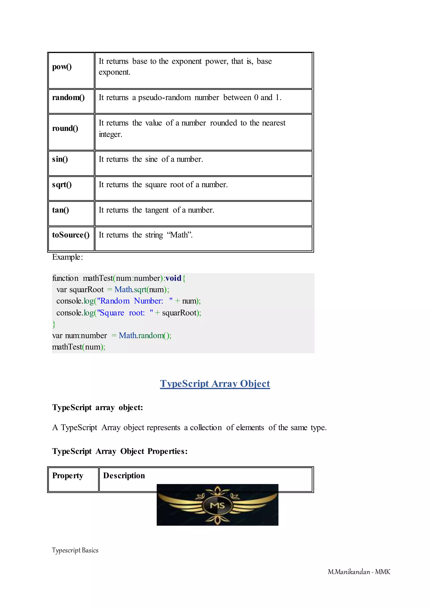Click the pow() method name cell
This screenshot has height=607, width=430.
tap(62, 67)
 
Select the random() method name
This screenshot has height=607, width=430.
tap(68, 97)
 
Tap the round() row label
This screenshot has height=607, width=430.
tap(65, 128)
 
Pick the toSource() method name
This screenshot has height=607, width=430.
tap(71, 235)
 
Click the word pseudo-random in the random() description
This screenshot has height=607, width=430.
tap(164, 97)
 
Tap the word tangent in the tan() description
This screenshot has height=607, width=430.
tap(157, 210)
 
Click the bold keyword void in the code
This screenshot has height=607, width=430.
tap(173, 278)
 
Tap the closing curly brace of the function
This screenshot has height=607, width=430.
tap(54, 324)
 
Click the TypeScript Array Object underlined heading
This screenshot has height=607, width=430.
tap(215, 384)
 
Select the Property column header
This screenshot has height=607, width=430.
tap(68, 476)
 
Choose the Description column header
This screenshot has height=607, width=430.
tap(124, 476)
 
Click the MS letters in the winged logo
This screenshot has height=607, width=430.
tap(217, 506)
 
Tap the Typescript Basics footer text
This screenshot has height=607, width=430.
tap(75, 550)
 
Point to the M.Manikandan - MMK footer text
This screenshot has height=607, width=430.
tap(359, 572)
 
